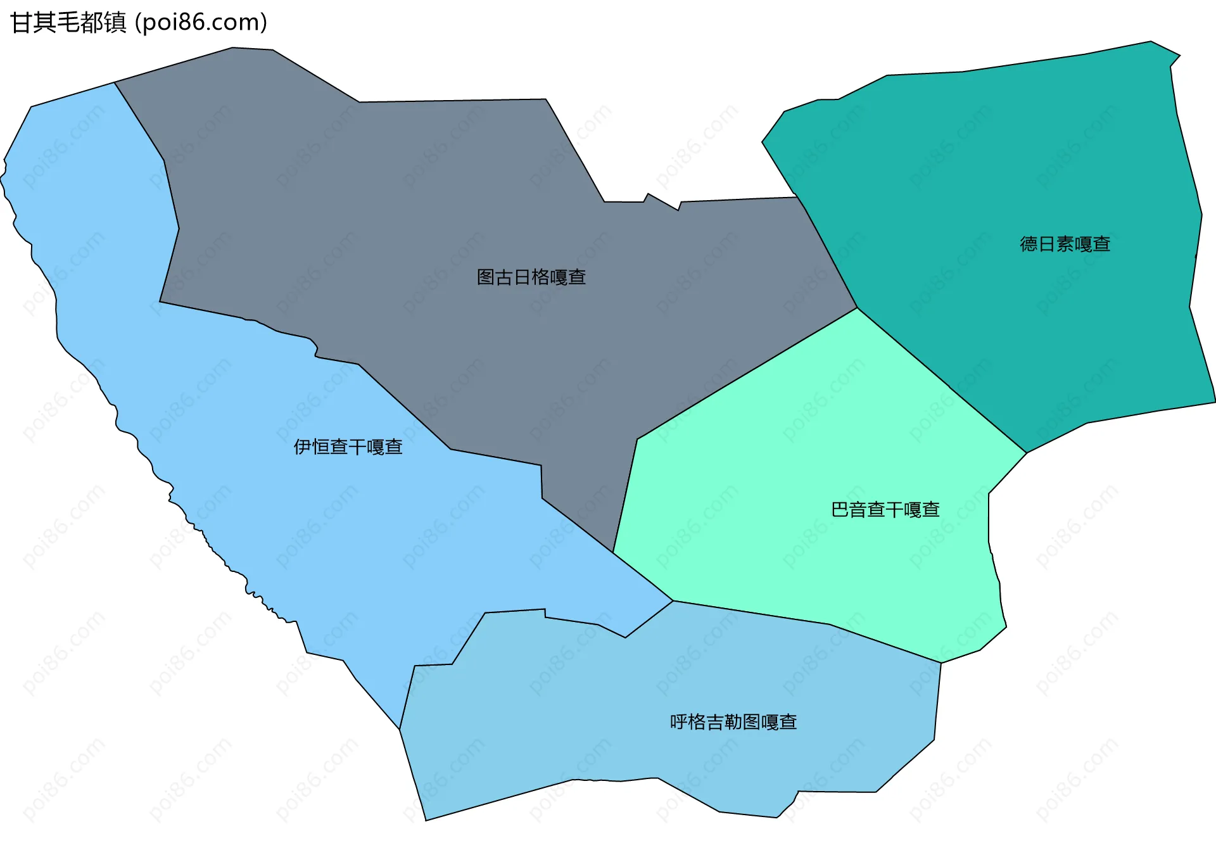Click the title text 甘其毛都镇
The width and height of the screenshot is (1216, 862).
click(x=68, y=23)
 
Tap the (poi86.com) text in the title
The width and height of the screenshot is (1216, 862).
click(x=201, y=23)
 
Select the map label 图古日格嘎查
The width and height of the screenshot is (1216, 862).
click(x=531, y=277)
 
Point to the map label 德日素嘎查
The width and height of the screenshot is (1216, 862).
click(x=1065, y=244)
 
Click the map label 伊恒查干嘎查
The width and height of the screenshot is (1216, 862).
click(x=348, y=447)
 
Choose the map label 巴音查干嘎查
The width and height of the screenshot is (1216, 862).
click(x=885, y=510)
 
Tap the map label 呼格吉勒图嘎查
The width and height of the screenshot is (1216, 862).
click(x=733, y=722)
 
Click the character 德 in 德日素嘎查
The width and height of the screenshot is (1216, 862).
click(x=1029, y=244)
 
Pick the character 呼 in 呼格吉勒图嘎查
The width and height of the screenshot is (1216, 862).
click(x=679, y=722)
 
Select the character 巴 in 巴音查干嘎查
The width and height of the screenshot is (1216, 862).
click(x=840, y=510)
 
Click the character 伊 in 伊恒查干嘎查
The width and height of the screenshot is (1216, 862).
click(x=302, y=447)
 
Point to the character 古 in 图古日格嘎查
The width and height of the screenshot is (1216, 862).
click(x=503, y=277)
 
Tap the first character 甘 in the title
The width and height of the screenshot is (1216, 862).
click(x=21, y=23)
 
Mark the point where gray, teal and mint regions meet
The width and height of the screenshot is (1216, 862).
click(x=857, y=308)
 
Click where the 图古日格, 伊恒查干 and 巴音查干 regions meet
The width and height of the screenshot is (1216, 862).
click(x=613, y=552)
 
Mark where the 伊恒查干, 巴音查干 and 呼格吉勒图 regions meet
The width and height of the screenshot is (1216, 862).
click(x=673, y=601)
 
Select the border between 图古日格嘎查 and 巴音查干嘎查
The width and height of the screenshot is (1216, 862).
click(x=747, y=374)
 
